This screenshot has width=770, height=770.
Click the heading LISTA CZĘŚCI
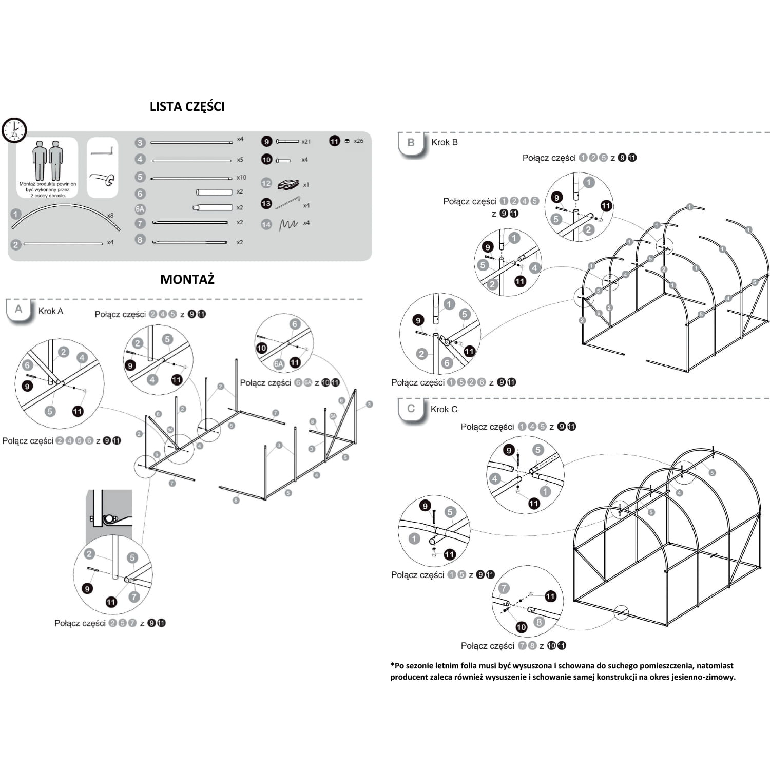[x=187, y=106]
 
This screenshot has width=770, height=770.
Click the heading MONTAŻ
[x=187, y=279]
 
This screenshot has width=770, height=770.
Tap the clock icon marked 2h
[x=14, y=130]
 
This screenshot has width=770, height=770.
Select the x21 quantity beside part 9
[x=306, y=141]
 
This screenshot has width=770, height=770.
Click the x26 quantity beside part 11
[x=358, y=141]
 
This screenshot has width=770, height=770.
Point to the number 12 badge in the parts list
[x=266, y=183]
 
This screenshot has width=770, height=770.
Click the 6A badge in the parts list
[x=140, y=209]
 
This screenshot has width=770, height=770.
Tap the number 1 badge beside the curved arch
[x=16, y=214]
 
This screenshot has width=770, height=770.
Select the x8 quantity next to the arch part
[x=110, y=216]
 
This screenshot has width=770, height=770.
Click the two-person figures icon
[x=47, y=160]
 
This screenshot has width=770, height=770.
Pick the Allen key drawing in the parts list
[x=102, y=151]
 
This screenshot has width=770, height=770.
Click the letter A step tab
[x=18, y=310]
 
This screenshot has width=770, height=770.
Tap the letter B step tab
[x=411, y=143]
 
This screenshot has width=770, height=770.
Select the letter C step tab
[x=411, y=409]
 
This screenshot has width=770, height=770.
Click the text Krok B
[x=445, y=142]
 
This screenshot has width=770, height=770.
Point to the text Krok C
[x=444, y=409]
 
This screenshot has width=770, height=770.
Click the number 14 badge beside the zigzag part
[x=266, y=224]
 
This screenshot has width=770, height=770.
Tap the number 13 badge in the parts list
[x=266, y=204]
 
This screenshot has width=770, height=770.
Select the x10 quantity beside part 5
[x=241, y=178]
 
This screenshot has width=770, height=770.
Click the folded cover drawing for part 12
[x=288, y=184]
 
